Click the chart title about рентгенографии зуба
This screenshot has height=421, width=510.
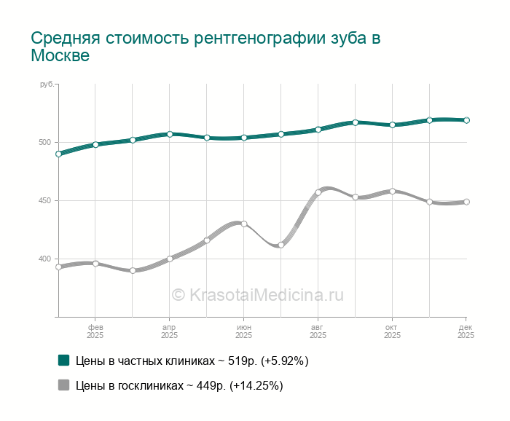click(x=205, y=47)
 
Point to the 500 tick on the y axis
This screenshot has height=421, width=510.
click(x=47, y=143)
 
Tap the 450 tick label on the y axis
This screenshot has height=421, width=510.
click(x=47, y=201)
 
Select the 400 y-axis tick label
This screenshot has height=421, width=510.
click(x=47, y=259)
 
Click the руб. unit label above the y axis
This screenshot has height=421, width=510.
click(x=47, y=85)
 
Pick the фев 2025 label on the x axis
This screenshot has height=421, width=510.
click(x=95, y=331)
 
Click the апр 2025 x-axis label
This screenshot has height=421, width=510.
click(x=169, y=331)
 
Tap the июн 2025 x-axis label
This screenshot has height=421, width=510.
click(x=244, y=331)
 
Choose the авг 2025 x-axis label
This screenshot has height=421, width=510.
click(x=318, y=331)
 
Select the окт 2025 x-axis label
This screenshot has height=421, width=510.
click(x=392, y=331)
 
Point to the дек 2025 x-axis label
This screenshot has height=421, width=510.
click(x=466, y=331)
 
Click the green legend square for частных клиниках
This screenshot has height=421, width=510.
click(x=63, y=360)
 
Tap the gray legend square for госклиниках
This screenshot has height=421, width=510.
click(x=63, y=385)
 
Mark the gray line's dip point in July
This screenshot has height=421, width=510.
click(x=280, y=245)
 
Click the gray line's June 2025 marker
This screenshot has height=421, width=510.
click(x=244, y=224)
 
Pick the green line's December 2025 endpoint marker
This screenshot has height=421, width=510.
click(x=466, y=120)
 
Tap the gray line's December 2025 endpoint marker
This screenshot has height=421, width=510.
click(x=466, y=202)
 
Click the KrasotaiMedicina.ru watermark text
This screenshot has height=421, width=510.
click(x=257, y=295)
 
